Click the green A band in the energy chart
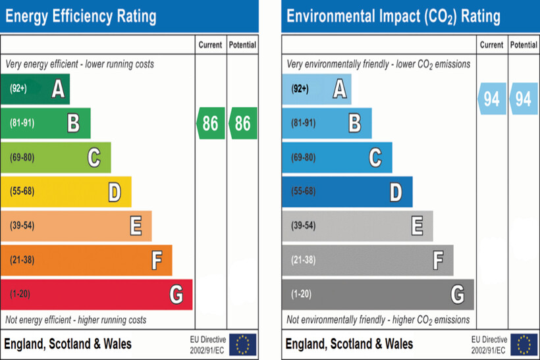(x=36, y=89)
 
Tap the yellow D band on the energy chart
(x=66, y=192)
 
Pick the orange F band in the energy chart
(x=86, y=260)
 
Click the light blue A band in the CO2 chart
(x=317, y=89)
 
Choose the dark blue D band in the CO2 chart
(x=347, y=192)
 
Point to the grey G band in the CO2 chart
(x=377, y=294)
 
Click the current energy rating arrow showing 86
(x=211, y=123)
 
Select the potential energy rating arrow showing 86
(x=243, y=123)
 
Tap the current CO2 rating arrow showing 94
(x=491, y=99)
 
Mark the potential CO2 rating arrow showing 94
(x=524, y=99)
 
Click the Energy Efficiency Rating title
(x=81, y=16)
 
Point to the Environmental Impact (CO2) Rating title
(x=393, y=16)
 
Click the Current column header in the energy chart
(x=211, y=45)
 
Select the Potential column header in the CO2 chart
(x=524, y=45)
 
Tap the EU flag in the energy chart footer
(x=243, y=344)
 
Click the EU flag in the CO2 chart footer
(x=524, y=344)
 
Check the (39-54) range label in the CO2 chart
(x=304, y=226)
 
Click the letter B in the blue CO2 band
(x=354, y=122)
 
